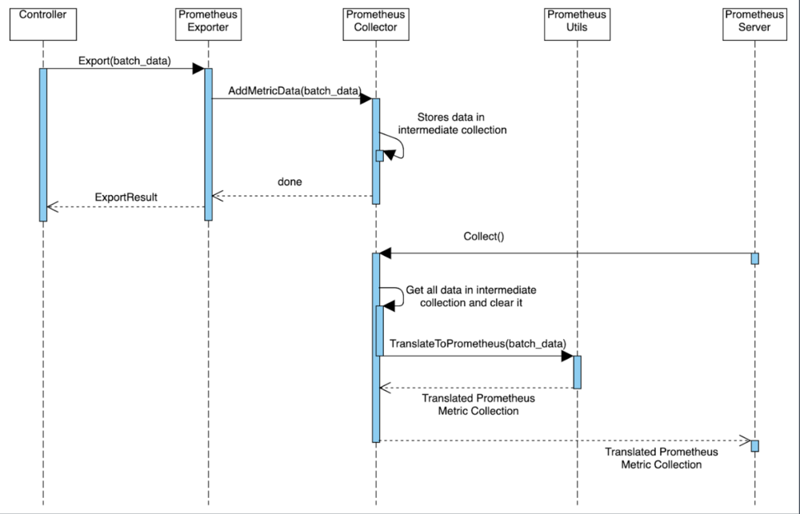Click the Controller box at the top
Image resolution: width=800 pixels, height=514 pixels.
click(x=43, y=22)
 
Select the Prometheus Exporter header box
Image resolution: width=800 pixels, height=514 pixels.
click(x=208, y=22)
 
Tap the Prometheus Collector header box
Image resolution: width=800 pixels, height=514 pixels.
click(x=375, y=22)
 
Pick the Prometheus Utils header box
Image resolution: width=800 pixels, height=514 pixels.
click(x=576, y=22)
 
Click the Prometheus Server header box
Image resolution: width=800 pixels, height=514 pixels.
click(x=754, y=22)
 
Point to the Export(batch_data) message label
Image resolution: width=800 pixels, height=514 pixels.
click(x=124, y=60)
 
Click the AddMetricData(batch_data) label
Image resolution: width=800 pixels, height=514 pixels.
click(x=294, y=90)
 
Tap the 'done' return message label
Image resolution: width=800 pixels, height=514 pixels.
click(x=290, y=182)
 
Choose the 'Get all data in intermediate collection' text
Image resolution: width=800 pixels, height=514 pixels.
click(x=470, y=297)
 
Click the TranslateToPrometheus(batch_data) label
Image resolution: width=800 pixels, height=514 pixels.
click(x=478, y=343)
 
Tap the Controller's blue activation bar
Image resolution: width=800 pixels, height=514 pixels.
click(x=43, y=144)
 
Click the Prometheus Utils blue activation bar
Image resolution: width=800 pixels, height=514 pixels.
click(x=577, y=372)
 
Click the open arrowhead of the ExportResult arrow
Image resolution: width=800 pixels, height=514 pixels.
click(x=52, y=207)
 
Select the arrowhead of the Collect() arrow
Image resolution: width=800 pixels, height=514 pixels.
click(x=385, y=253)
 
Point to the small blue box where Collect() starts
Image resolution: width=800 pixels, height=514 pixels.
click(x=754, y=258)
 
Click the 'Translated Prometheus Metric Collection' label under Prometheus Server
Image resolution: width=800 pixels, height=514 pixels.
click(x=661, y=458)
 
